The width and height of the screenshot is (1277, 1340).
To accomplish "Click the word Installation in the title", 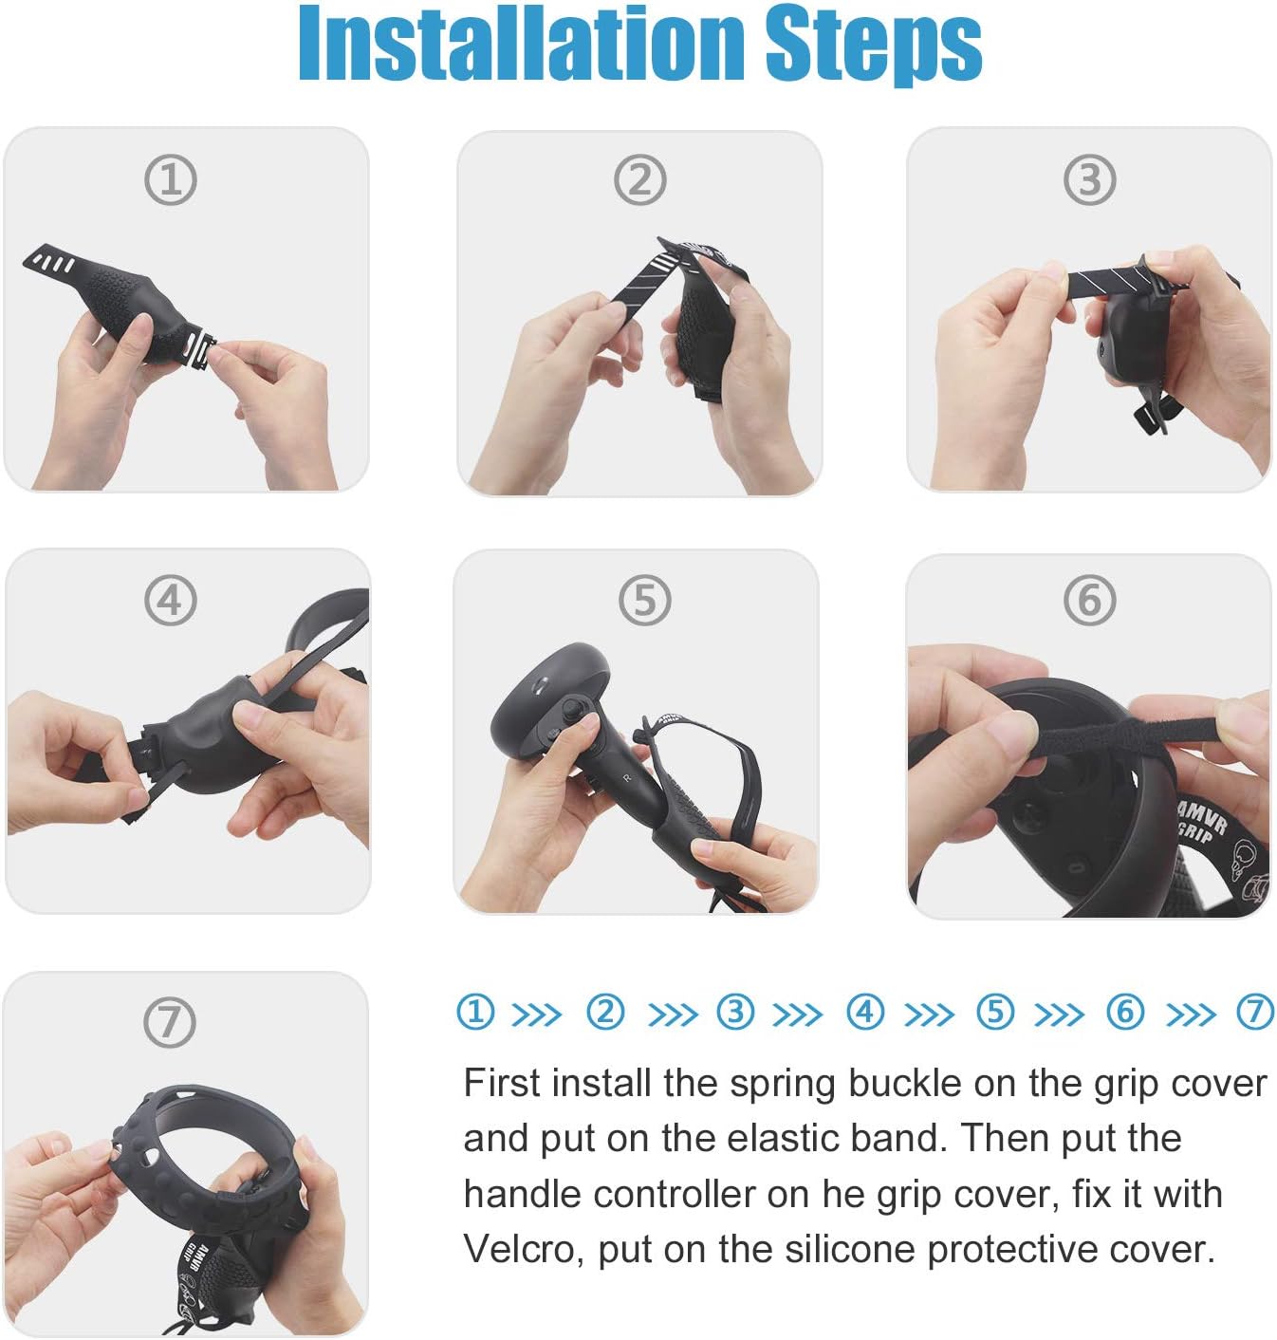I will coord(521,44).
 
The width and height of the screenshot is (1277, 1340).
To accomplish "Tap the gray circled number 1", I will coord(171,180).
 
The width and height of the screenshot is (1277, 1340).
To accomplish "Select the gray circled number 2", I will coord(640,180).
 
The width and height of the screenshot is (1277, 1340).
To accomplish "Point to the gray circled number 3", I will coord(1089,180).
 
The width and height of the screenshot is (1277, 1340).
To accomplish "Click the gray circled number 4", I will coord(171,601).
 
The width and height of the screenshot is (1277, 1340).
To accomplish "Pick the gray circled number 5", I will coord(645,601).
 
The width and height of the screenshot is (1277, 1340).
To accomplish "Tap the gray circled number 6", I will coord(1089,601).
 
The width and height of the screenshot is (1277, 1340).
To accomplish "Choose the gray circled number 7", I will coord(170,1022).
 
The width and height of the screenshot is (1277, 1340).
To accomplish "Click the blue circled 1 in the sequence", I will coord(475,1012).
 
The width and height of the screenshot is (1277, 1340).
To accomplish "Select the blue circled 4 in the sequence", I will coord(864,1012).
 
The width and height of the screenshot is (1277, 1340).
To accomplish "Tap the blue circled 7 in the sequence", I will coord(1254,1012).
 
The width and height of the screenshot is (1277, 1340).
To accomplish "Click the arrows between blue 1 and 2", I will coord(537,1014).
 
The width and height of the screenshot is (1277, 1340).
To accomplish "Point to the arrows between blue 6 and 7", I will coord(1191,1014).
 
